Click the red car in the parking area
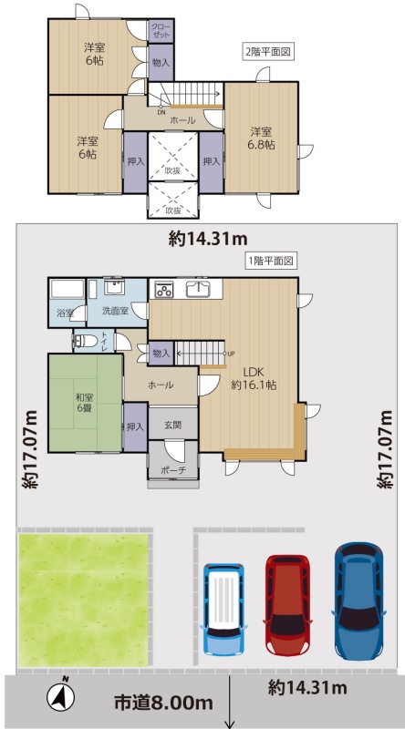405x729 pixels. click(x=287, y=605)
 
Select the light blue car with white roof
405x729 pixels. click(x=224, y=609)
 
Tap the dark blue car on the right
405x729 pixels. click(x=358, y=601)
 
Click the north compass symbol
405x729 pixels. click(x=61, y=695)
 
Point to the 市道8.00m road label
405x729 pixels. click(x=164, y=703)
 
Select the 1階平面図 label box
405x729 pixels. click(x=271, y=262)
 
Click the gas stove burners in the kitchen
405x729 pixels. click(x=163, y=290)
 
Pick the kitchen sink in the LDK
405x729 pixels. click(x=199, y=289)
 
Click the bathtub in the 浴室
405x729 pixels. click(x=67, y=289)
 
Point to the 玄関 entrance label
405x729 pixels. click(x=172, y=425)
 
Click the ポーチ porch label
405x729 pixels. click(x=173, y=469)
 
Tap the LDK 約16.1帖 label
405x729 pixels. click(x=254, y=378)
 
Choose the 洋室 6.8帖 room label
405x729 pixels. click(x=261, y=139)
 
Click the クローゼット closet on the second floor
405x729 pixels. click(x=161, y=31)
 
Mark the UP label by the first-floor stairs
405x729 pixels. click(x=232, y=354)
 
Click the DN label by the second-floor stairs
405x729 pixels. click(x=161, y=112)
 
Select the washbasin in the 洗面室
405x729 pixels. click(x=114, y=287)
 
